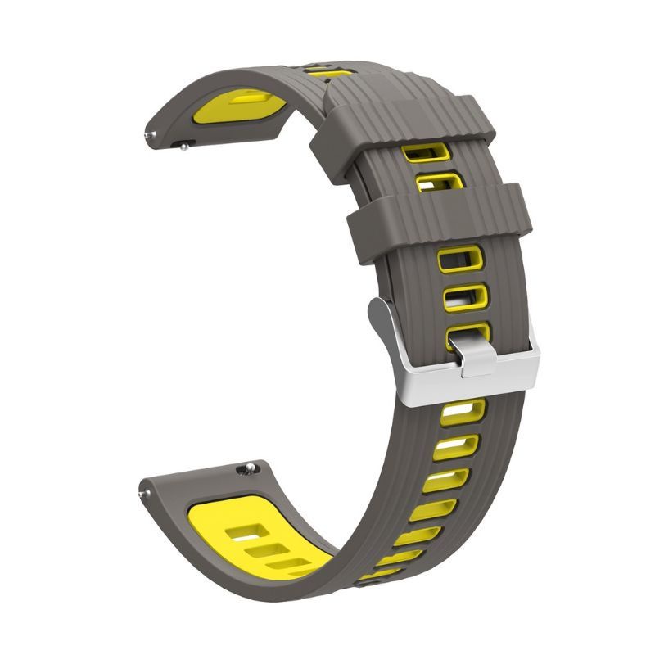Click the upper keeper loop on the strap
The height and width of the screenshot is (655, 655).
409,123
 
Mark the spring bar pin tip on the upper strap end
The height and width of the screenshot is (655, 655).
148,135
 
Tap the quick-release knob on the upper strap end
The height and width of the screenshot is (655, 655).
185,147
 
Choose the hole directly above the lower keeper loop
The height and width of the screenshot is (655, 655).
440,180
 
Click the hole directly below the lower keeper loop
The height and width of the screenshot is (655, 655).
460,260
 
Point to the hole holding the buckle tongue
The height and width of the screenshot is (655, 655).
467,333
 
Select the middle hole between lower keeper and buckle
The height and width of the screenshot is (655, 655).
465,296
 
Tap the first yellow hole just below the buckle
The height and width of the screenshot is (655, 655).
463,412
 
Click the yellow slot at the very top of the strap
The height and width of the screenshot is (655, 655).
332,72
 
